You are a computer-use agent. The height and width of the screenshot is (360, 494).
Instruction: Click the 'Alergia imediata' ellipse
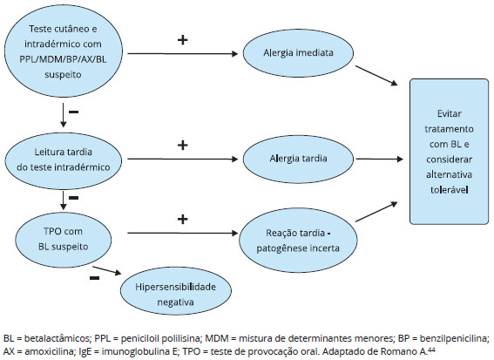298,53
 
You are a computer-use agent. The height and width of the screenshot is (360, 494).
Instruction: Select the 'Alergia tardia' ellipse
298,159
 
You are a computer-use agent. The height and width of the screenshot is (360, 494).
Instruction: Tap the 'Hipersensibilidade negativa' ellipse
176,290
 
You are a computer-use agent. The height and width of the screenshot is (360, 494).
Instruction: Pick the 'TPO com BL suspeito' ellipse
64,240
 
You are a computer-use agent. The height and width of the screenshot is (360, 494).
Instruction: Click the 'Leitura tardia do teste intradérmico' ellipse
63,160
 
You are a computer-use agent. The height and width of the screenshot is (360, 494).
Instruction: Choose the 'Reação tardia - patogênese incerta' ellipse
298,241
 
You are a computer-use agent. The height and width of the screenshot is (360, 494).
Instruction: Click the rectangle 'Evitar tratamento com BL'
449,152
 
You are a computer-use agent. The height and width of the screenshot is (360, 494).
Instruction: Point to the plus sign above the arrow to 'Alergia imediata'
183,40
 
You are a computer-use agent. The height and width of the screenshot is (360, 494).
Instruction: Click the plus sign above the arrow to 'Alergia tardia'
183,145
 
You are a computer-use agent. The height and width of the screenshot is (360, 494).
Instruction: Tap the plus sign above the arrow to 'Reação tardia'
183,219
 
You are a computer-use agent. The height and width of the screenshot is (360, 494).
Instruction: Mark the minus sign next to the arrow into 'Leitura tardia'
74,112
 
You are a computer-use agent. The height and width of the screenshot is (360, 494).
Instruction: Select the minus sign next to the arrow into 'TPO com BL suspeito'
74,198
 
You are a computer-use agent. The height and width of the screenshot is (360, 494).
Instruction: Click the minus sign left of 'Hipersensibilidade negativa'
94,278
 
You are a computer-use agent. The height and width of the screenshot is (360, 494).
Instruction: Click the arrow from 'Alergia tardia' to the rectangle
379,159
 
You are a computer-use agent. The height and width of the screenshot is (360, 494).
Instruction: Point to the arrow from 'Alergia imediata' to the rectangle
376,76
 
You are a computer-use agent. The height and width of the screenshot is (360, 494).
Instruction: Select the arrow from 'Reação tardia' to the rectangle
376,212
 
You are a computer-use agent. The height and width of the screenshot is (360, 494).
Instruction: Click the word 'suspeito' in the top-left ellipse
63,75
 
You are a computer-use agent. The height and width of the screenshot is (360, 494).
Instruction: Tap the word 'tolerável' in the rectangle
449,190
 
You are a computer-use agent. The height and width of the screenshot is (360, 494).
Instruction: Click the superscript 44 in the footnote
431,349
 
